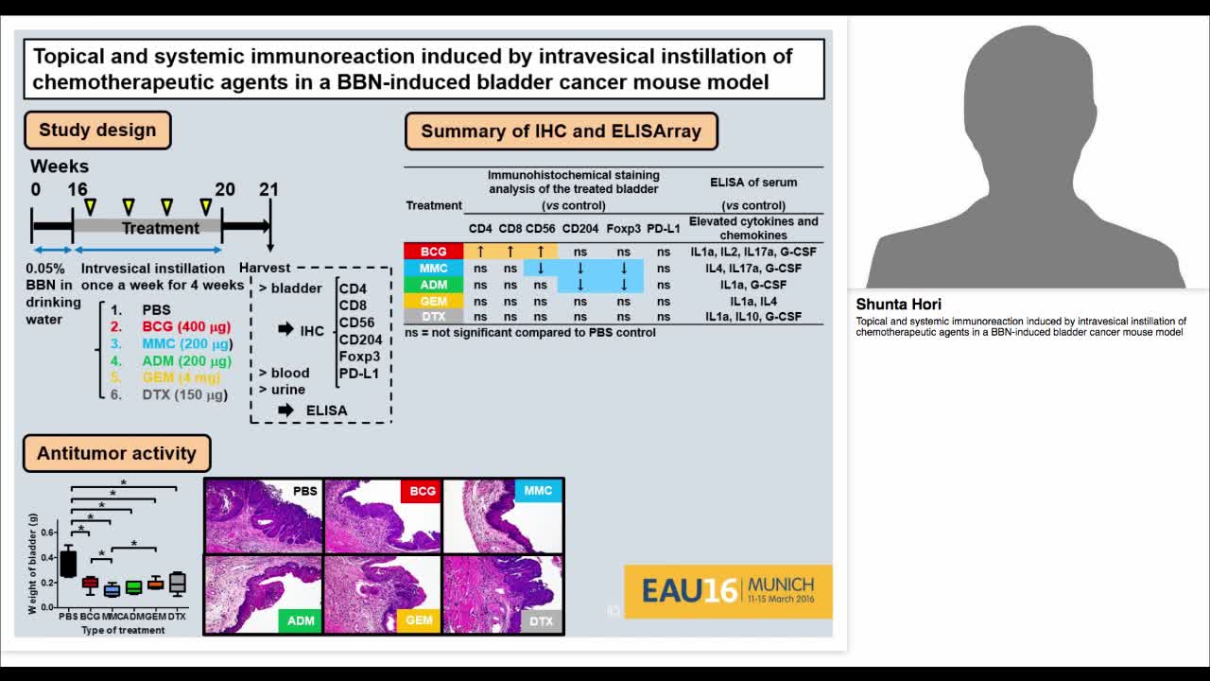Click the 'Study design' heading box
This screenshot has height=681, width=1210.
pyautogui.click(x=97, y=131)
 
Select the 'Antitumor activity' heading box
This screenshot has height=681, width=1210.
pyautogui.click(x=116, y=453)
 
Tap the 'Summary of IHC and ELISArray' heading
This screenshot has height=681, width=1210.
pyautogui.click(x=561, y=131)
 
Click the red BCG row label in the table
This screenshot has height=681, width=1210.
pyautogui.click(x=433, y=252)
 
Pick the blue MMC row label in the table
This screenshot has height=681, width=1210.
pyautogui.click(x=433, y=269)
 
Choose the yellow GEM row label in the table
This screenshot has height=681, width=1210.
pyautogui.click(x=433, y=301)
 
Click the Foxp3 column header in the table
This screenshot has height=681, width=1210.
pyautogui.click(x=623, y=228)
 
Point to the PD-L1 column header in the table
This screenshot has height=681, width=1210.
pyautogui.click(x=664, y=228)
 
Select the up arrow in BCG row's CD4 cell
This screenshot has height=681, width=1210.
pyautogui.click(x=480, y=252)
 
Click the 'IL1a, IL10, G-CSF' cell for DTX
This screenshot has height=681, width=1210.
pyautogui.click(x=753, y=317)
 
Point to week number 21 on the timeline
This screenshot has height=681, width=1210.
pyautogui.click(x=269, y=189)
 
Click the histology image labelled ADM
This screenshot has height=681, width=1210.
pyautogui.click(x=263, y=593)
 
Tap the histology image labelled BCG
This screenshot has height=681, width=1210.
pyautogui.click(x=382, y=515)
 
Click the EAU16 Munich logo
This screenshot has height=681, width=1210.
pyautogui.click(x=728, y=591)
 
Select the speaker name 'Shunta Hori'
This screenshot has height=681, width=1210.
pyautogui.click(x=898, y=305)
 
